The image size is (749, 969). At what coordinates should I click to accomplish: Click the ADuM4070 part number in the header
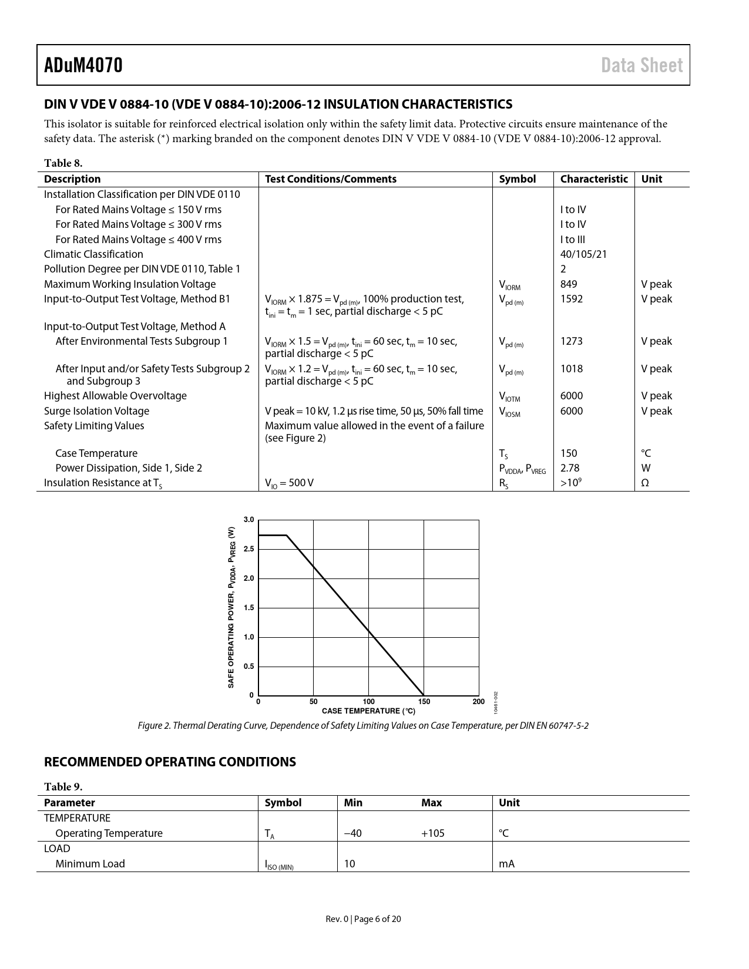point(83,65)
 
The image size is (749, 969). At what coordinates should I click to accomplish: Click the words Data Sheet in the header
point(642,65)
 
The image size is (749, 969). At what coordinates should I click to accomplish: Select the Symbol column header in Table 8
point(517,179)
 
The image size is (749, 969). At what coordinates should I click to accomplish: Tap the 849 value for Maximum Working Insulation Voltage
point(569,284)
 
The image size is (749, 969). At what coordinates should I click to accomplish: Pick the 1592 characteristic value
point(571,299)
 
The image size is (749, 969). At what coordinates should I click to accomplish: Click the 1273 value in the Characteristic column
point(571,341)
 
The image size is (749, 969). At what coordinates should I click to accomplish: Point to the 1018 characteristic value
point(571,369)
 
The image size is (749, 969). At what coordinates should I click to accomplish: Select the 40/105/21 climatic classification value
point(583,254)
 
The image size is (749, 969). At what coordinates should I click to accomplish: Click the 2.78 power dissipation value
point(569,468)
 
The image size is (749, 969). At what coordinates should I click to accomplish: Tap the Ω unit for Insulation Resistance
point(644,483)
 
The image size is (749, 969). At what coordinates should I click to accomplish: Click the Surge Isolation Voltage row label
point(96,411)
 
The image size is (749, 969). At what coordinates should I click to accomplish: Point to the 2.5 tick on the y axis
point(248,549)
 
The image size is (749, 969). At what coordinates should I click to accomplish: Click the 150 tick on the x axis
point(424,702)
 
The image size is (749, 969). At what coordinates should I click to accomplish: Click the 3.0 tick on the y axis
point(248,520)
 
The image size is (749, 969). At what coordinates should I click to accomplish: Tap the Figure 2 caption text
point(363,726)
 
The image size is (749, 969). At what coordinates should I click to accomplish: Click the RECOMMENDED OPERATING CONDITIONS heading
point(170,762)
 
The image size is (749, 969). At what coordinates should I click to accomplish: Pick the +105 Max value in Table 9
point(432,833)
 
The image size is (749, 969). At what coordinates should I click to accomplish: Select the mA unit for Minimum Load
point(506,864)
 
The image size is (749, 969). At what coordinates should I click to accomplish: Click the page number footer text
point(363,919)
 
